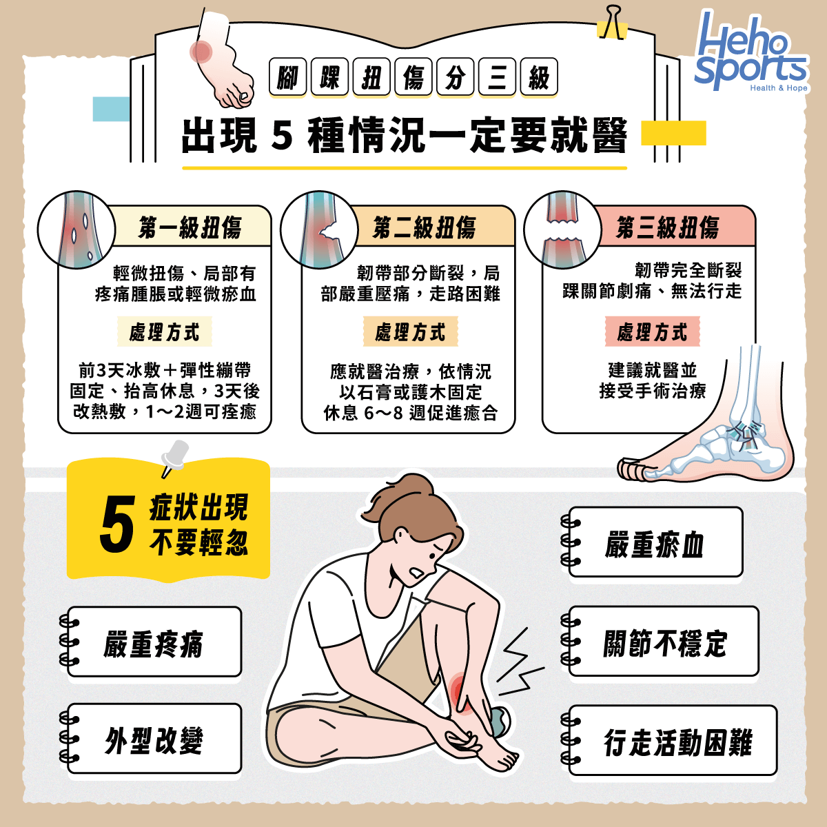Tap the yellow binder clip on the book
(x=611, y=24)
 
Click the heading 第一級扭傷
(x=190, y=227)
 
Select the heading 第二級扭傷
(x=424, y=227)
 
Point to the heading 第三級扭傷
(x=667, y=227)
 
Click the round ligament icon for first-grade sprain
(x=76, y=229)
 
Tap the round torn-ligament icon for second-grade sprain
(x=319, y=229)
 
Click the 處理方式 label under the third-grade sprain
(x=652, y=332)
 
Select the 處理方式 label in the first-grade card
(x=164, y=332)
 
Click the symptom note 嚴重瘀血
(x=655, y=544)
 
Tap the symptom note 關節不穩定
(x=664, y=643)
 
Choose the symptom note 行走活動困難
(x=678, y=742)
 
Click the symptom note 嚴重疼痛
(x=153, y=643)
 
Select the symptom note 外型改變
(x=153, y=740)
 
